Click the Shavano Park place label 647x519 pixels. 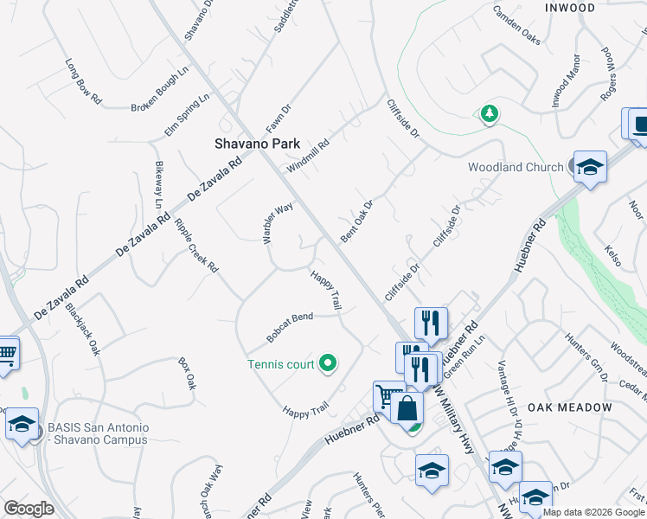pyautogui.click(x=257, y=144)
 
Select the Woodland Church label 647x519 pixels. pyautogui.click(x=516, y=167)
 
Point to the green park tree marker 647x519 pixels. pyautogui.click(x=490, y=113)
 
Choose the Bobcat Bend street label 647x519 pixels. pyautogui.click(x=290, y=327)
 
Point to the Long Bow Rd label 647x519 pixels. pyautogui.click(x=83, y=82)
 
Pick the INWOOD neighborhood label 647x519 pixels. pyautogui.click(x=570, y=8)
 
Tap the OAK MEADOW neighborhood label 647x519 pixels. pyautogui.click(x=570, y=407)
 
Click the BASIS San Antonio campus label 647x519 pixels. pyautogui.click(x=98, y=433)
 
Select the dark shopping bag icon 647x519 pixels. pyautogui.click(x=407, y=407)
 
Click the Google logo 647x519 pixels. pyautogui.click(x=29, y=508)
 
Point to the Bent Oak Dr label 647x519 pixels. pyautogui.click(x=356, y=221)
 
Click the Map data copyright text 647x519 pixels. pyautogui.click(x=593, y=512)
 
